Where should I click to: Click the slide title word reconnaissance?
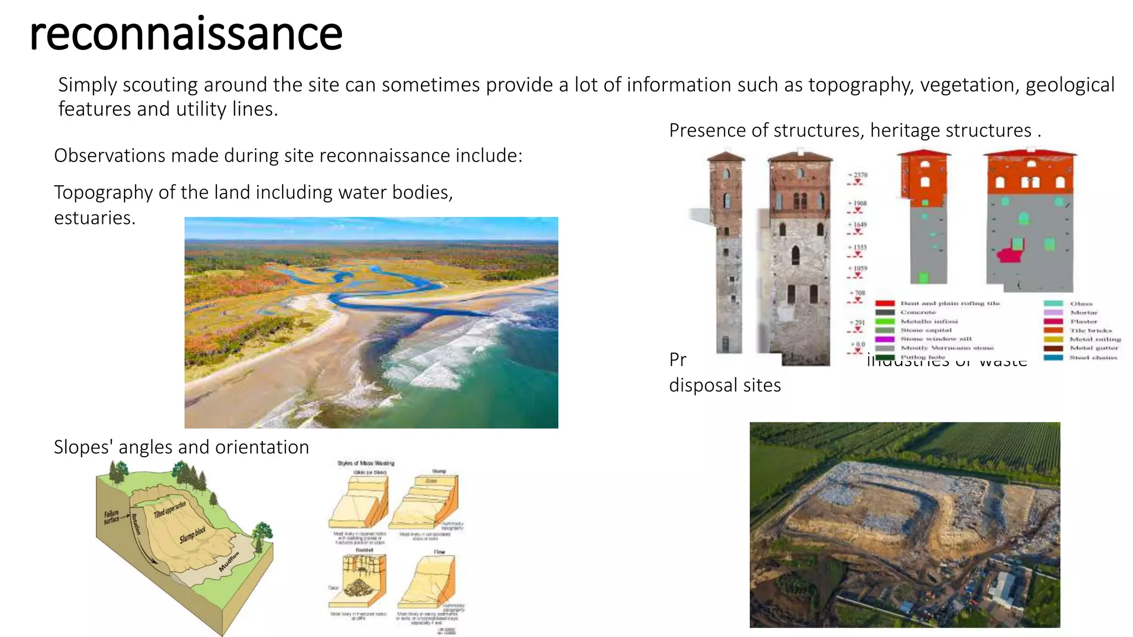tap(186, 34)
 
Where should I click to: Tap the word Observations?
tap(108, 156)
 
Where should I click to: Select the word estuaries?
tap(95, 218)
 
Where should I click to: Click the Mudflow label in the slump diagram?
tap(229, 561)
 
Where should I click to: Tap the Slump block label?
tap(193, 535)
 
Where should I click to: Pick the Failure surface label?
tap(111, 517)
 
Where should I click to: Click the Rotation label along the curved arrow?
tap(136, 524)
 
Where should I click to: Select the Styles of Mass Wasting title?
tap(366, 463)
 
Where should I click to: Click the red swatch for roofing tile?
tap(885, 304)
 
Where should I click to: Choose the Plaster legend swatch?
tap(1053, 321)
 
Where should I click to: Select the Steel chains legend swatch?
tap(1053, 357)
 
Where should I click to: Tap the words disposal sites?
tap(725, 385)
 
